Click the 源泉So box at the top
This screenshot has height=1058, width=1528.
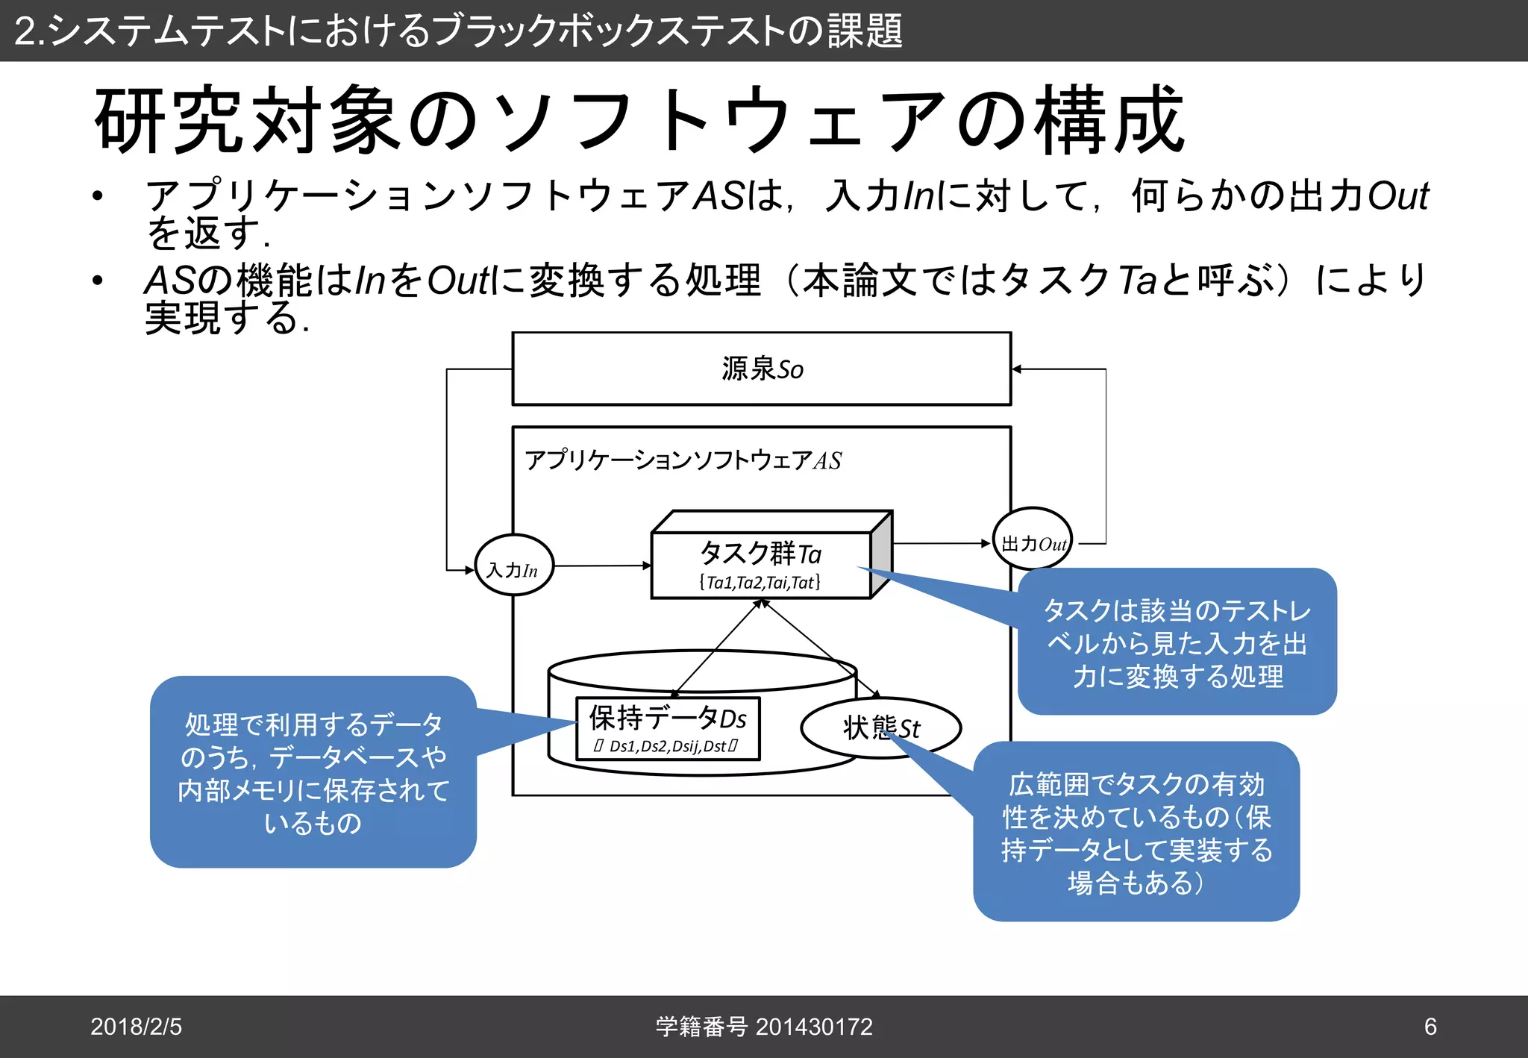click(761, 369)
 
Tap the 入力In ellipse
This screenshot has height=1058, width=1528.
click(514, 566)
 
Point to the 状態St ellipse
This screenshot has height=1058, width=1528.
click(880, 727)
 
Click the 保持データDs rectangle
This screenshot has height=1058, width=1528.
click(668, 728)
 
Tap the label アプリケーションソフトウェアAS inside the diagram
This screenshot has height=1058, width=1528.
click(683, 460)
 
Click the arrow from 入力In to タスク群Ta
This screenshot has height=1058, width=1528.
click(602, 566)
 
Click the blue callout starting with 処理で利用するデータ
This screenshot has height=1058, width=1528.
click(313, 772)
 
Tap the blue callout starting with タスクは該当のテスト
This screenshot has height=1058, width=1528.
click(1177, 642)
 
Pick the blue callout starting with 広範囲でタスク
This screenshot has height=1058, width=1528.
click(1136, 833)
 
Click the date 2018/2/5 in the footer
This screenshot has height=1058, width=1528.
click(136, 1027)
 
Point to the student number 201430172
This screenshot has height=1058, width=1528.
click(813, 1027)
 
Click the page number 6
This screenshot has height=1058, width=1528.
click(1430, 1027)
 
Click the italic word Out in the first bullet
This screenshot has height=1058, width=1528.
click(1397, 196)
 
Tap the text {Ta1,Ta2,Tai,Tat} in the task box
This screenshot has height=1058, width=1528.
click(760, 582)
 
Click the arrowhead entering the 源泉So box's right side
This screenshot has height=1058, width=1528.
click(1017, 369)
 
